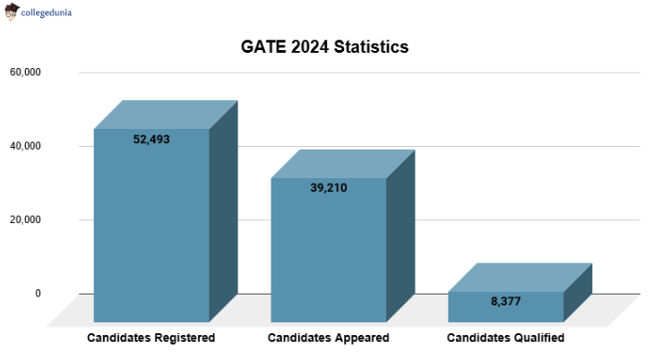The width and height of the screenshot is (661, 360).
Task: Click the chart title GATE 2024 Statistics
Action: pyautogui.click(x=325, y=47)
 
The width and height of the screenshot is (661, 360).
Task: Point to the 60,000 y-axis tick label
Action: pyautogui.click(x=25, y=72)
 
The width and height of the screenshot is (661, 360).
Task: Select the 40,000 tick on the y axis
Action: pyautogui.click(x=25, y=146)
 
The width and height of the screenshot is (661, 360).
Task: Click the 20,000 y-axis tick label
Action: pyautogui.click(x=25, y=219)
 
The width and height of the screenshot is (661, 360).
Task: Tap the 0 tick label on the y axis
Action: pyautogui.click(x=38, y=293)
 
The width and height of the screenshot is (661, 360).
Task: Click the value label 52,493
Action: pyautogui.click(x=151, y=139)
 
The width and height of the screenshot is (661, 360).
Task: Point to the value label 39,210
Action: pyautogui.click(x=329, y=188)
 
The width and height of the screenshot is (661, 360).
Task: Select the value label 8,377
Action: pyautogui.click(x=506, y=301)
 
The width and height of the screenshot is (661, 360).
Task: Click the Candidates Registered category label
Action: pyautogui.click(x=150, y=338)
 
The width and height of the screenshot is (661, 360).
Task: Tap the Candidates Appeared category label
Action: pyautogui.click(x=329, y=338)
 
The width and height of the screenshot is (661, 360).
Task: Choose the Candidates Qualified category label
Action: pyautogui.click(x=505, y=338)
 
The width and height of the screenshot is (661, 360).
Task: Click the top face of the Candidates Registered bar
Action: pyautogui.click(x=166, y=115)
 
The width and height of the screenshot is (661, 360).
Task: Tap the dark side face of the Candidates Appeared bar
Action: pyautogui.click(x=401, y=237)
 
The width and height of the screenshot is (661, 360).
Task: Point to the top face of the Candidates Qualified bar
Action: pyautogui.click(x=520, y=278)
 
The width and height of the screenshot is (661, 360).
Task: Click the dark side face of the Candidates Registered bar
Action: pyautogui.click(x=224, y=210)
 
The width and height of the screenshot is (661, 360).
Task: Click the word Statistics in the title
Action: pyautogui.click(x=371, y=47)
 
